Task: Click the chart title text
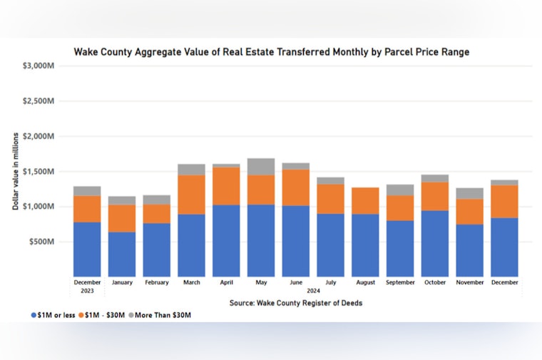coord(272,52)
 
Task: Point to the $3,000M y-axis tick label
coord(40,66)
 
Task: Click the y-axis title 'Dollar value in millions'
coord(15,172)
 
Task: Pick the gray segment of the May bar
coord(261,167)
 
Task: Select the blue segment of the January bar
coord(122,254)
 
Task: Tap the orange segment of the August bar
coord(365,200)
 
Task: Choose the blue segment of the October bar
coord(434,243)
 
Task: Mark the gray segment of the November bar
coord(469,193)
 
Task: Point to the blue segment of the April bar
coord(226,240)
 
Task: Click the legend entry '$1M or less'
coord(53,314)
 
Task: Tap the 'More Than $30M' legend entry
coord(161,314)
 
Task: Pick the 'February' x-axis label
coord(157,282)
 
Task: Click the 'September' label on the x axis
coord(400,282)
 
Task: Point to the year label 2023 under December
coord(87,290)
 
